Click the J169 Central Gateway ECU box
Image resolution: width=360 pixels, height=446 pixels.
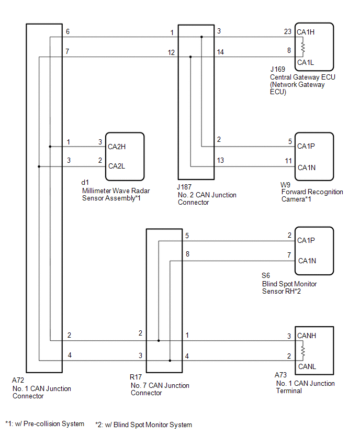314,47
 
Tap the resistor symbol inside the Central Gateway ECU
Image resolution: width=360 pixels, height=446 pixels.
302,49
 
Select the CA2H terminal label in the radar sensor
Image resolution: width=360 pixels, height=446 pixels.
117,147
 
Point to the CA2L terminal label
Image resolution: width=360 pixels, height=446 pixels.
117,166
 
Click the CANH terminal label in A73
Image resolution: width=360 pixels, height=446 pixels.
307,336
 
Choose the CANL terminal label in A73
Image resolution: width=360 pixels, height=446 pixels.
307,366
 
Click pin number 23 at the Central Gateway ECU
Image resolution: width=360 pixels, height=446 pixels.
288,32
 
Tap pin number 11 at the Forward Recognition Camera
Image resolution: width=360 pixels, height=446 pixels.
288,161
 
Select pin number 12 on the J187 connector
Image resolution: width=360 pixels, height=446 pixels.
171,52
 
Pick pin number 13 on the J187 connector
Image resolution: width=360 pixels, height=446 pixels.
220,161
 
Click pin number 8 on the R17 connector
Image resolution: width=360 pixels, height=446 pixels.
188,254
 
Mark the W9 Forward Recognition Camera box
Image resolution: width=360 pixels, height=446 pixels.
314,156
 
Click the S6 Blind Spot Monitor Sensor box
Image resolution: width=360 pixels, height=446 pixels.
314,250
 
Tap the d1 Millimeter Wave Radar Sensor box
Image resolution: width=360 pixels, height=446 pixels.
125,157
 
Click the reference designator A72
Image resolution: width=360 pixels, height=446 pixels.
19,382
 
